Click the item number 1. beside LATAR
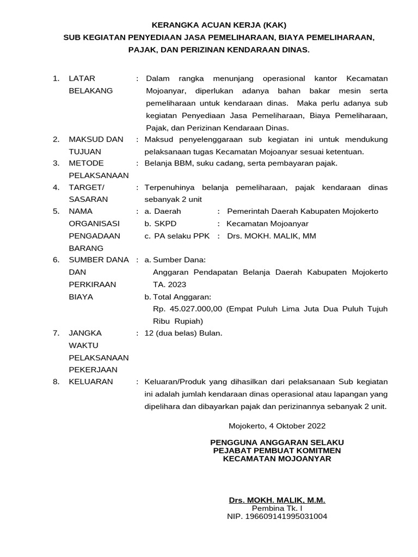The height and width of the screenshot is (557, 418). click(56, 79)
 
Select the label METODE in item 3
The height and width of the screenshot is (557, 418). click(86, 163)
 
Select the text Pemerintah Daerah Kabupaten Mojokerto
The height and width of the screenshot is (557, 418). click(302, 211)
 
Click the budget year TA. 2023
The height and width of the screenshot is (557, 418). click(170, 284)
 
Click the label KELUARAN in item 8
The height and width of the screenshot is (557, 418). click(91, 381)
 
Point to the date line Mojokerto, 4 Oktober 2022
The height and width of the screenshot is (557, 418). click(277, 426)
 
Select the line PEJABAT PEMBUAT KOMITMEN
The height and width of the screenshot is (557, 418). click(277, 450)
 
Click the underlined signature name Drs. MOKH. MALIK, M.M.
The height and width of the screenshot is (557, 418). click(277, 500)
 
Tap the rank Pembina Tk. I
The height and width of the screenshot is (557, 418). click(277, 508)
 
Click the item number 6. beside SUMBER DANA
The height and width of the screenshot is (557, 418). click(56, 260)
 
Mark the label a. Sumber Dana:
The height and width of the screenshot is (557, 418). click(175, 260)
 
